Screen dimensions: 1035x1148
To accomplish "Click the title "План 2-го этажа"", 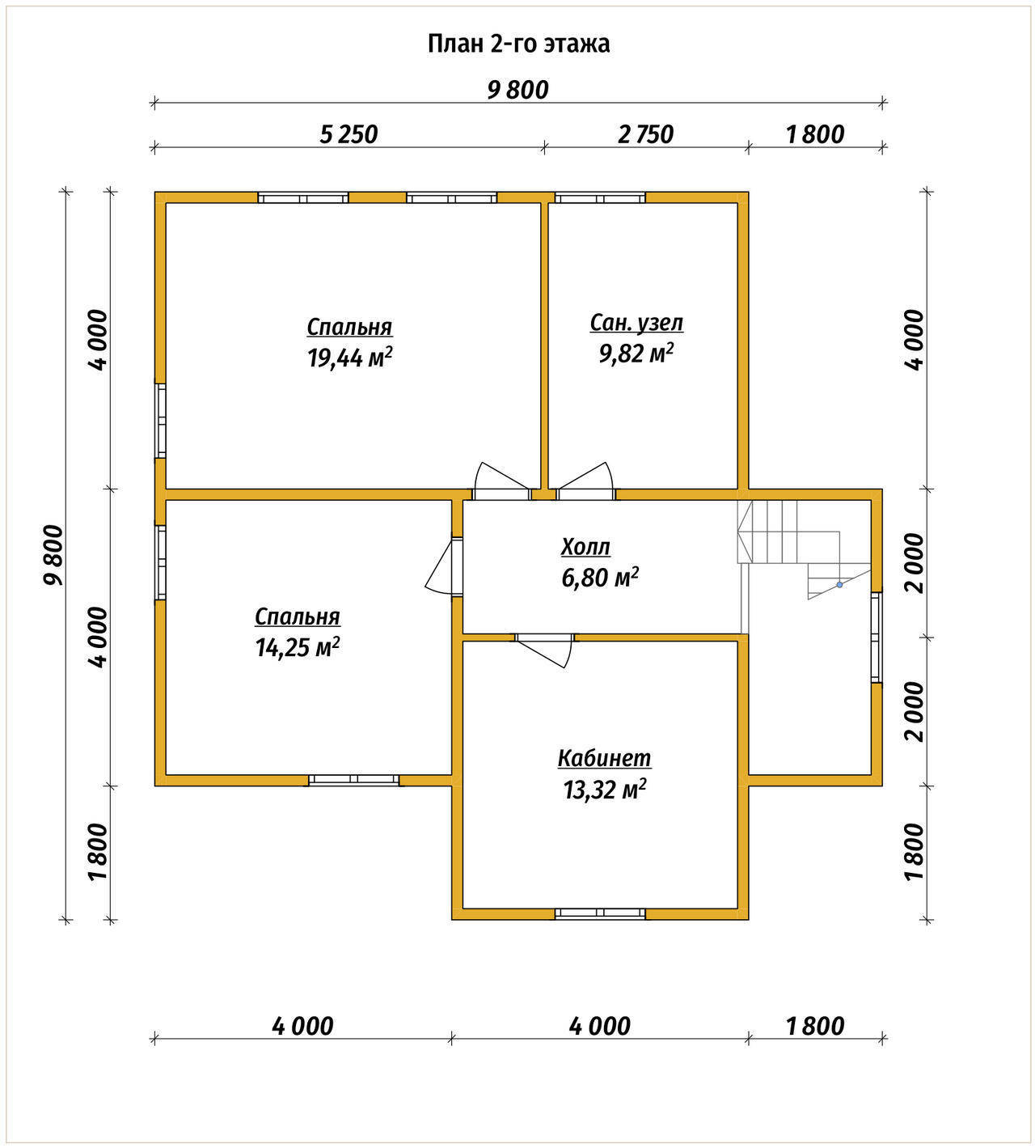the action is point(518,44).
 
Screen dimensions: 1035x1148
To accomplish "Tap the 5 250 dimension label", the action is point(349,134).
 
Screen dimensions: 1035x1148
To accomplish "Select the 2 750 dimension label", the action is point(645,134).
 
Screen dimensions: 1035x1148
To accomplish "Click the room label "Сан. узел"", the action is point(636,324).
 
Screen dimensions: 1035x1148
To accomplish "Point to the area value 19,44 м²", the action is point(349,358).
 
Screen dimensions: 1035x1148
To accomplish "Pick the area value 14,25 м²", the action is point(298,647).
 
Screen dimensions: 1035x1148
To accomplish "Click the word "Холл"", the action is point(585,547).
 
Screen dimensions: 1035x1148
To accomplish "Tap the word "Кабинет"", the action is point(604,758).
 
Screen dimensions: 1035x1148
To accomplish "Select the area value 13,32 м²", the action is point(605,790).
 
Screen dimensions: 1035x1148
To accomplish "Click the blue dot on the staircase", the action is point(839,584).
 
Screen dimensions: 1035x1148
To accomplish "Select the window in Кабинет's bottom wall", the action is point(600,914).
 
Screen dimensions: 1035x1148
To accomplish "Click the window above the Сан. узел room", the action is point(600,198).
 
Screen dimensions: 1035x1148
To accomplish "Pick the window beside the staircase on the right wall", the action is point(876,637).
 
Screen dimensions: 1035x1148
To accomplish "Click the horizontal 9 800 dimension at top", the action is point(517,103).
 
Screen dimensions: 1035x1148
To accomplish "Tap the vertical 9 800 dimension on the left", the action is point(66,556).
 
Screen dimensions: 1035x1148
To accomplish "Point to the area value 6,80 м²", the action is point(600,578).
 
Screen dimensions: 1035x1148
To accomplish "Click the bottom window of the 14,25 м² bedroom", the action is point(354,779).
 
